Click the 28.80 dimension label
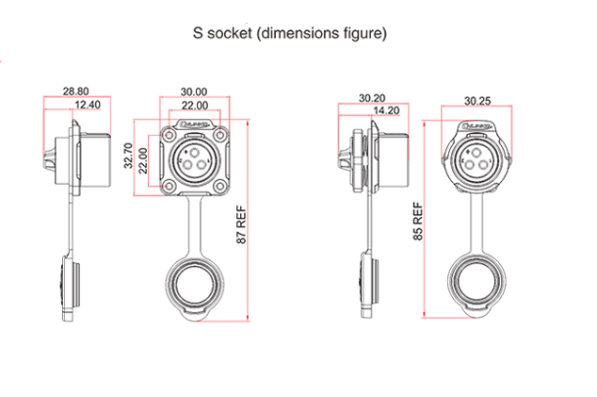click(76, 91)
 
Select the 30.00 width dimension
click(194, 91)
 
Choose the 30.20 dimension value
click(370, 97)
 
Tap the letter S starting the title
click(197, 35)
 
